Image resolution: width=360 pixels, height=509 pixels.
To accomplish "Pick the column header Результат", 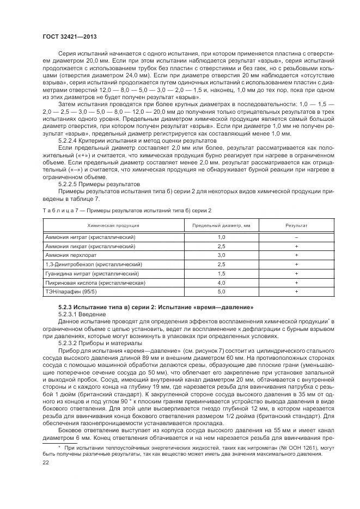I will coord(296,225).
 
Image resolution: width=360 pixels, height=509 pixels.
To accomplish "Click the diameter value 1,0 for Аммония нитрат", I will coord(222,238).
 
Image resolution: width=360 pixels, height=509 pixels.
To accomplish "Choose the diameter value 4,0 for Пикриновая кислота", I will coord(222,283).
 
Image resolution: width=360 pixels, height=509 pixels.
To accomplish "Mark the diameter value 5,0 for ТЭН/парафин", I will coord(222,292).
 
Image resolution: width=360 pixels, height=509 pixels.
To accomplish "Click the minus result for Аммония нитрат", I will coord(296,238).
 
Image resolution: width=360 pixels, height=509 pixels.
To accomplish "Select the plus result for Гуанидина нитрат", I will coord(296,274).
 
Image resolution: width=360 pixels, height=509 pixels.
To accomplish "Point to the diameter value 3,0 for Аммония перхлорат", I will coord(222,255).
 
